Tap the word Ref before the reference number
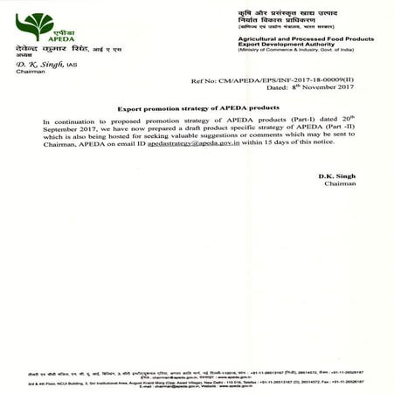tap(197, 79)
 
